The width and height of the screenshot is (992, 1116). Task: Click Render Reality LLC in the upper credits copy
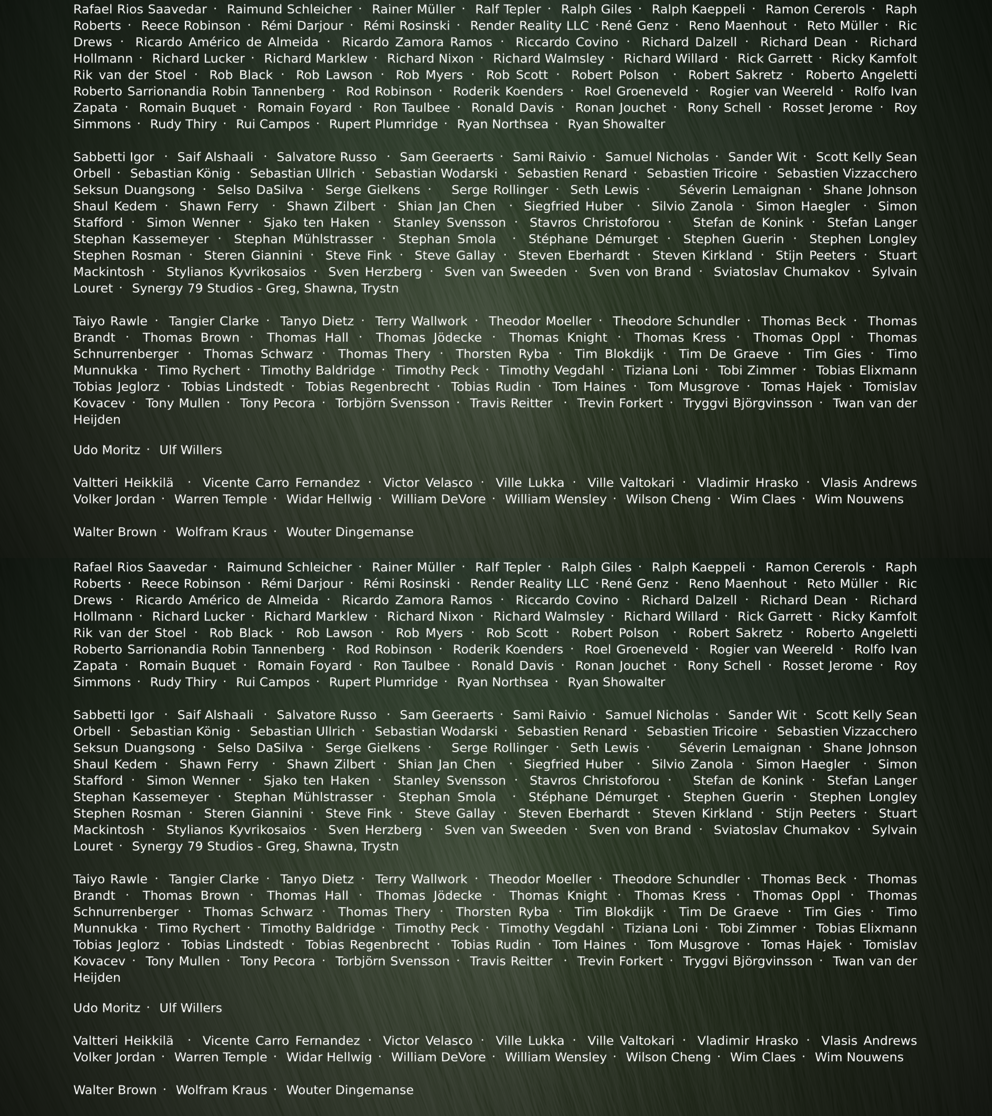tap(529, 26)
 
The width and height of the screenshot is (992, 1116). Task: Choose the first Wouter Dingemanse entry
tap(349, 532)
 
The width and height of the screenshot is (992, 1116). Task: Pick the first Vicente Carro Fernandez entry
tap(281, 483)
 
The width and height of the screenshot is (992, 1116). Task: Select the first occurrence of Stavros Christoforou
tap(594, 223)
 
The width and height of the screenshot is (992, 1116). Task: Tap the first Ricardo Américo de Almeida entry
tap(227, 42)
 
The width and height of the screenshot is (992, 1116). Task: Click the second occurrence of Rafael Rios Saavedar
tap(140, 567)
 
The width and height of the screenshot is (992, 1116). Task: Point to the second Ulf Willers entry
tap(190, 1008)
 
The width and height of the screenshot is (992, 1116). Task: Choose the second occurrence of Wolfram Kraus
tap(221, 1090)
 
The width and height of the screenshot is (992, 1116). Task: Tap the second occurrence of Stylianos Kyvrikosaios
tap(236, 830)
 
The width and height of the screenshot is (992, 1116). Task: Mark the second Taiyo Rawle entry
tap(110, 879)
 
